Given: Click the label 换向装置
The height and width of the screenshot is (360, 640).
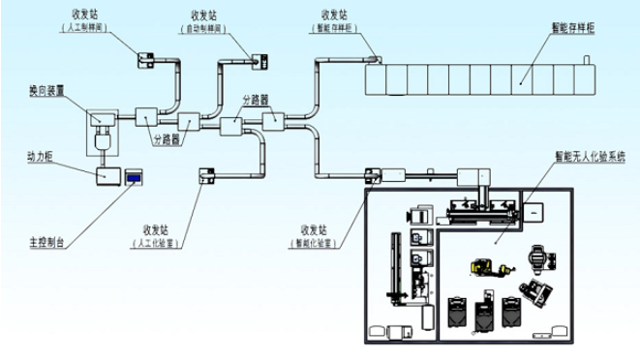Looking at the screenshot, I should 47,90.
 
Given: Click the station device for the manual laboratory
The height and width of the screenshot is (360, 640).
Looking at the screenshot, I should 205,175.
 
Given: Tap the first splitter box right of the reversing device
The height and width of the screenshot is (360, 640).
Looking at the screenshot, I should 146,116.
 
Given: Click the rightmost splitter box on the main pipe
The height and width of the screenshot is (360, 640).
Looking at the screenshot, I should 273,119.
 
